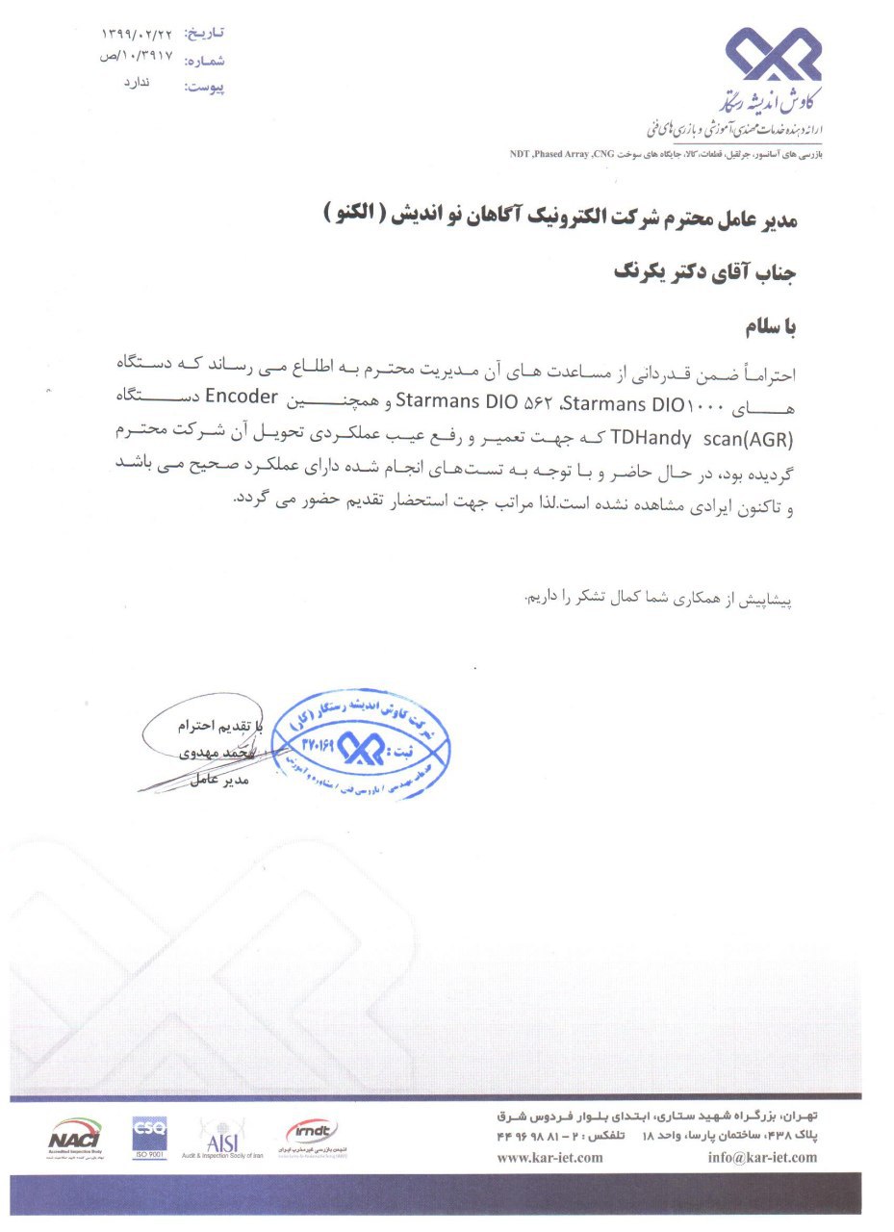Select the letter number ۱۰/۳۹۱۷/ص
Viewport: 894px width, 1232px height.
[x=136, y=58]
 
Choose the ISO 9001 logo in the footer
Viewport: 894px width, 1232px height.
[x=149, y=1137]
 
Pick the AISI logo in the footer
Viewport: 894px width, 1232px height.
[x=222, y=1138]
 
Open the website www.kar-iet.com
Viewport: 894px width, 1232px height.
[x=549, y=1157]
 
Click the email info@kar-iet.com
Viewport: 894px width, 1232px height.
[x=761, y=1157]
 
